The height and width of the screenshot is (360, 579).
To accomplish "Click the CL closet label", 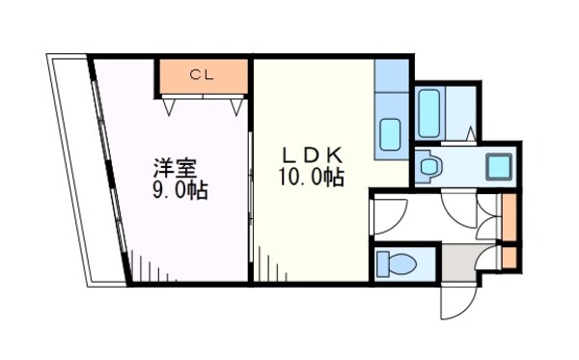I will click(x=202, y=73).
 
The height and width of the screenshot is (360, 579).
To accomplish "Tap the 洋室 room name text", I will click(x=178, y=165).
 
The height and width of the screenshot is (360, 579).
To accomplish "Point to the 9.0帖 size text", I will click(x=179, y=190).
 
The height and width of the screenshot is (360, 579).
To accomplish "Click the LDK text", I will click(x=309, y=155).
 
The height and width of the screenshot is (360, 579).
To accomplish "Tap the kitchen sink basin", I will click(x=391, y=132).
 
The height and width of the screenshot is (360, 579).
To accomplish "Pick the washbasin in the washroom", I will click(x=428, y=167).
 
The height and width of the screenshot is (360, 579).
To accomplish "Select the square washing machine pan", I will click(x=499, y=165).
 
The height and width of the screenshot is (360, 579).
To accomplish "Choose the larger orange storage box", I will click(x=508, y=217).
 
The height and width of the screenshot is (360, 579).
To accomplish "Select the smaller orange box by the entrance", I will click(x=508, y=260).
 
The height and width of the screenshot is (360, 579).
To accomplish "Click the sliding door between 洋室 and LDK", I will click(x=251, y=203).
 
